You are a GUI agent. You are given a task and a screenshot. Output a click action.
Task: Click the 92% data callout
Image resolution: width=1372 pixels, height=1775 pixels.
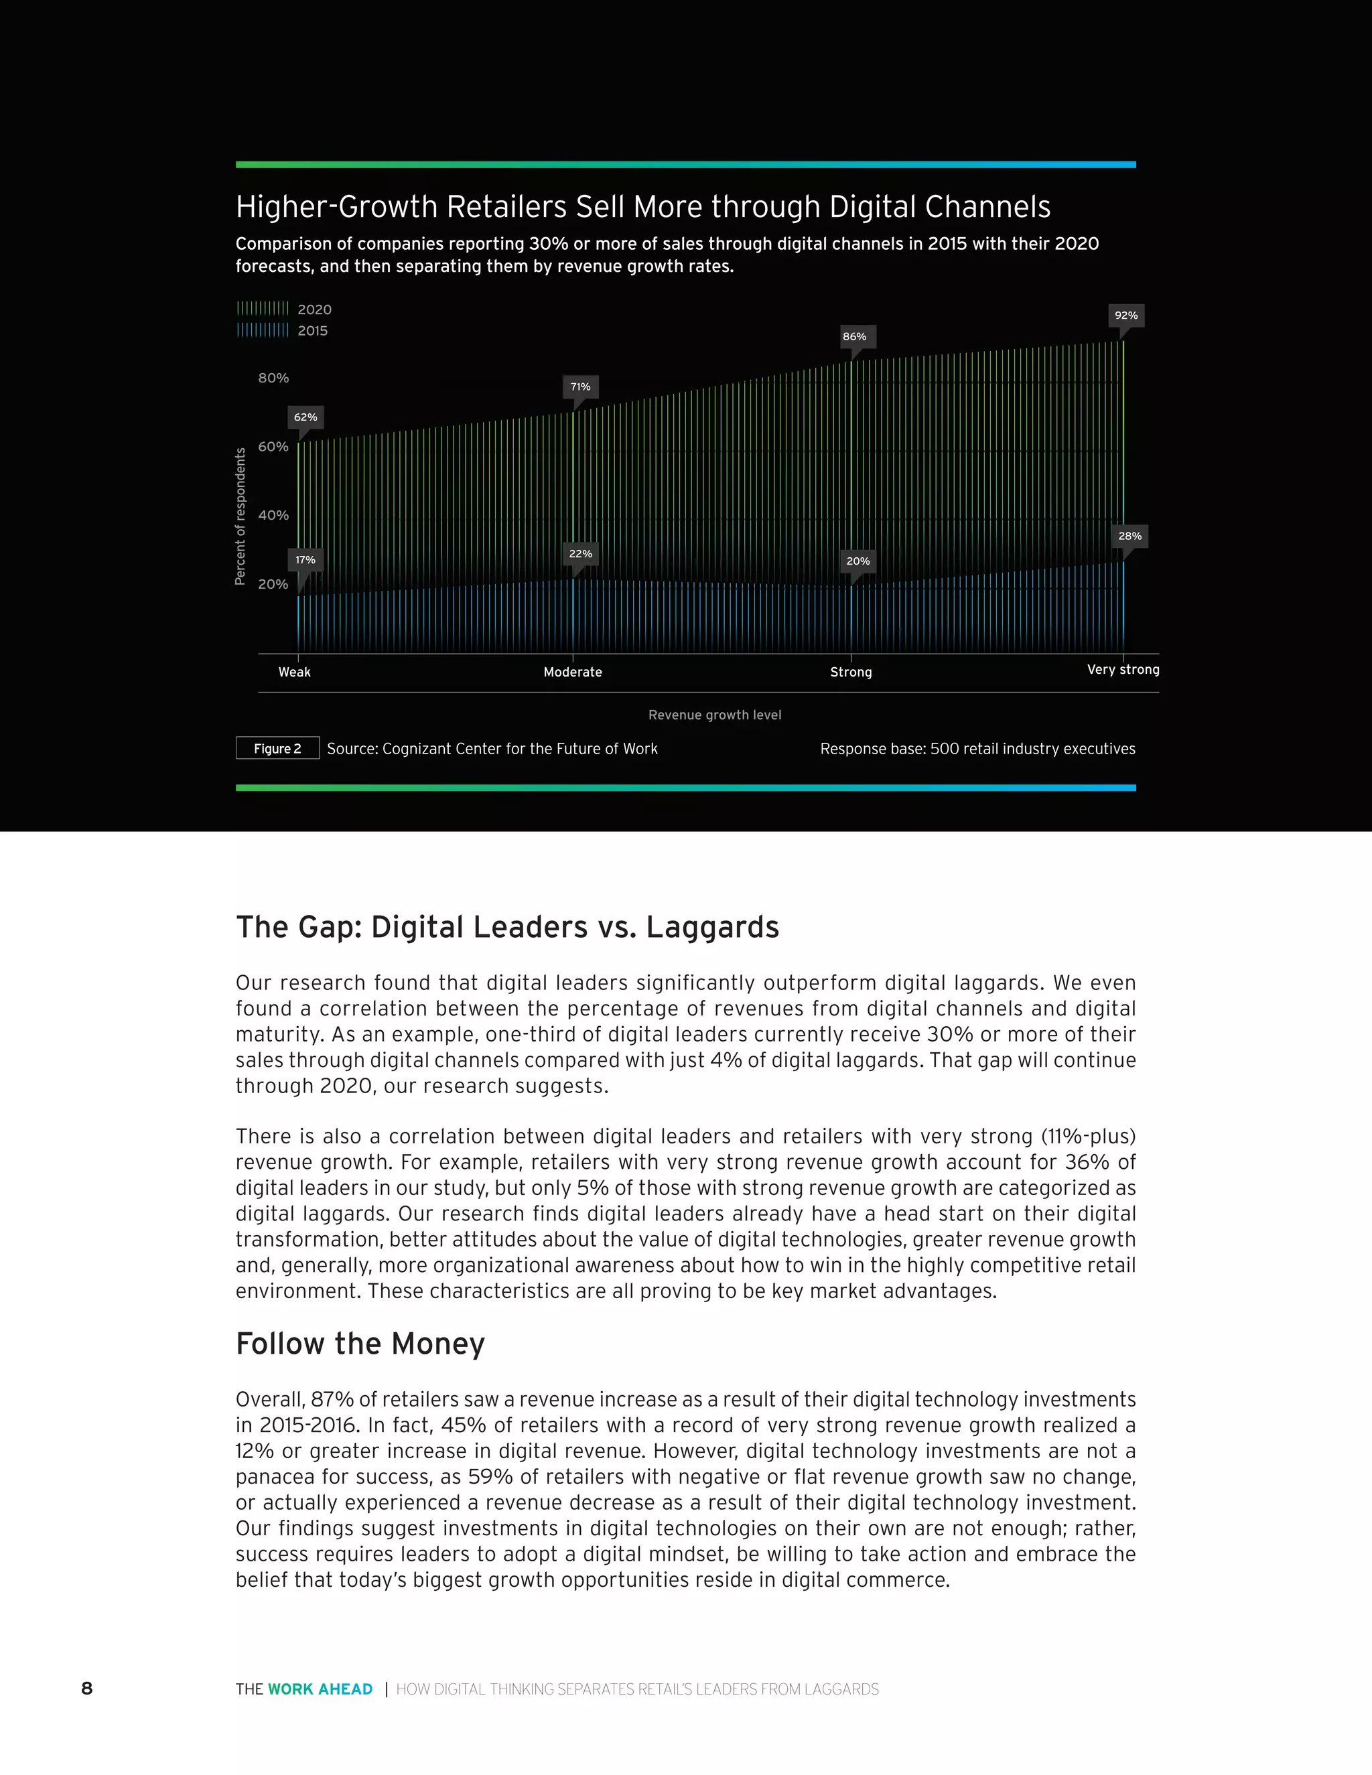tap(1125, 315)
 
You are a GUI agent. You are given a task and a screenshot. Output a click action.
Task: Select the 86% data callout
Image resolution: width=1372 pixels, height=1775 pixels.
tap(854, 336)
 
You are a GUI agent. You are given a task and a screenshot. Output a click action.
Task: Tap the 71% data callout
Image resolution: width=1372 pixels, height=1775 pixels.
tap(580, 387)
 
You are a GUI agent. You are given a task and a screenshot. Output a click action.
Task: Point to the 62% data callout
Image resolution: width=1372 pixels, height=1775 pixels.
tap(305, 417)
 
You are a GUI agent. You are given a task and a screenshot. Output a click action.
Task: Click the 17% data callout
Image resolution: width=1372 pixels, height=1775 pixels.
tap(305, 560)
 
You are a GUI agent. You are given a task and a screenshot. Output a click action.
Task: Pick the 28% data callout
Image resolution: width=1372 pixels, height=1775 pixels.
tap(1129, 536)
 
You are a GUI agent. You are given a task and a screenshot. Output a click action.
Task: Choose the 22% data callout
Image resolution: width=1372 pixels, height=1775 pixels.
tap(580, 553)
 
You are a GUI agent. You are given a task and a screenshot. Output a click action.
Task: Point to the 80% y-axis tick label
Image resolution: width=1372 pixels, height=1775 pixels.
tap(273, 378)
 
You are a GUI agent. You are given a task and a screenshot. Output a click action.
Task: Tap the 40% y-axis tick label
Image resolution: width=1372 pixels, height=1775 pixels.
tap(273, 515)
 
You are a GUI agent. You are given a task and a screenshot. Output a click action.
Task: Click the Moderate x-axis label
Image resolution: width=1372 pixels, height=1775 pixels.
tap(573, 672)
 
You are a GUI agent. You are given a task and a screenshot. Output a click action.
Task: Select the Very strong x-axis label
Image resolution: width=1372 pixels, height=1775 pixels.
tap(1123, 670)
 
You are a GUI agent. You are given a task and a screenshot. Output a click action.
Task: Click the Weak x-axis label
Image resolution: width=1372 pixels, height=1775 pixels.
tap(294, 672)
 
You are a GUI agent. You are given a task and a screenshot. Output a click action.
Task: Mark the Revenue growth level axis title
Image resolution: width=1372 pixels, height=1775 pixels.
tap(714, 715)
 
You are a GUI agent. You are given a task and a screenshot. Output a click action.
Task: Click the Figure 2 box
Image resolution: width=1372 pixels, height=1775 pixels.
tap(277, 749)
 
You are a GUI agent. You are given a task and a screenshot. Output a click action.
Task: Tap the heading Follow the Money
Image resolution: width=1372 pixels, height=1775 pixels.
tap(360, 1344)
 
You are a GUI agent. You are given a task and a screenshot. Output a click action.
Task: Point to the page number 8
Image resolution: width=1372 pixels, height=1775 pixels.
tap(87, 1689)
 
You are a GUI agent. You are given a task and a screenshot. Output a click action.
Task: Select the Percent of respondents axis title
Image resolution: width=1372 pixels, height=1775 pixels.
tap(241, 516)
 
